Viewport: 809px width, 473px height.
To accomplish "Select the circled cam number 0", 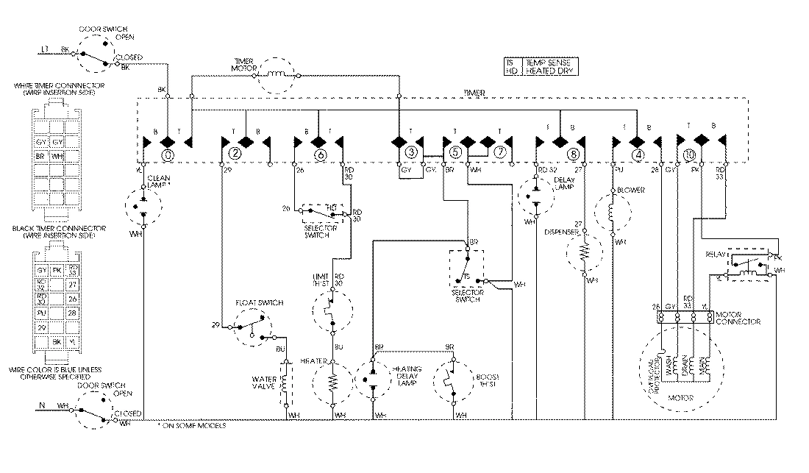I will coord(168,155).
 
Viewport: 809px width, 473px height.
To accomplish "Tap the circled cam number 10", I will coord(688,155).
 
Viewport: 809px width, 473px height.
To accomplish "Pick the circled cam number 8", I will coord(573,155).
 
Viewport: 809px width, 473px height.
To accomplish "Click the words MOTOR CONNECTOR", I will coord(738,318).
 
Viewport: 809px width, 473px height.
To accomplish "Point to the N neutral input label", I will coord(41,405).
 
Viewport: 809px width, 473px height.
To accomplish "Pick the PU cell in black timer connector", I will coord(42,313).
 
